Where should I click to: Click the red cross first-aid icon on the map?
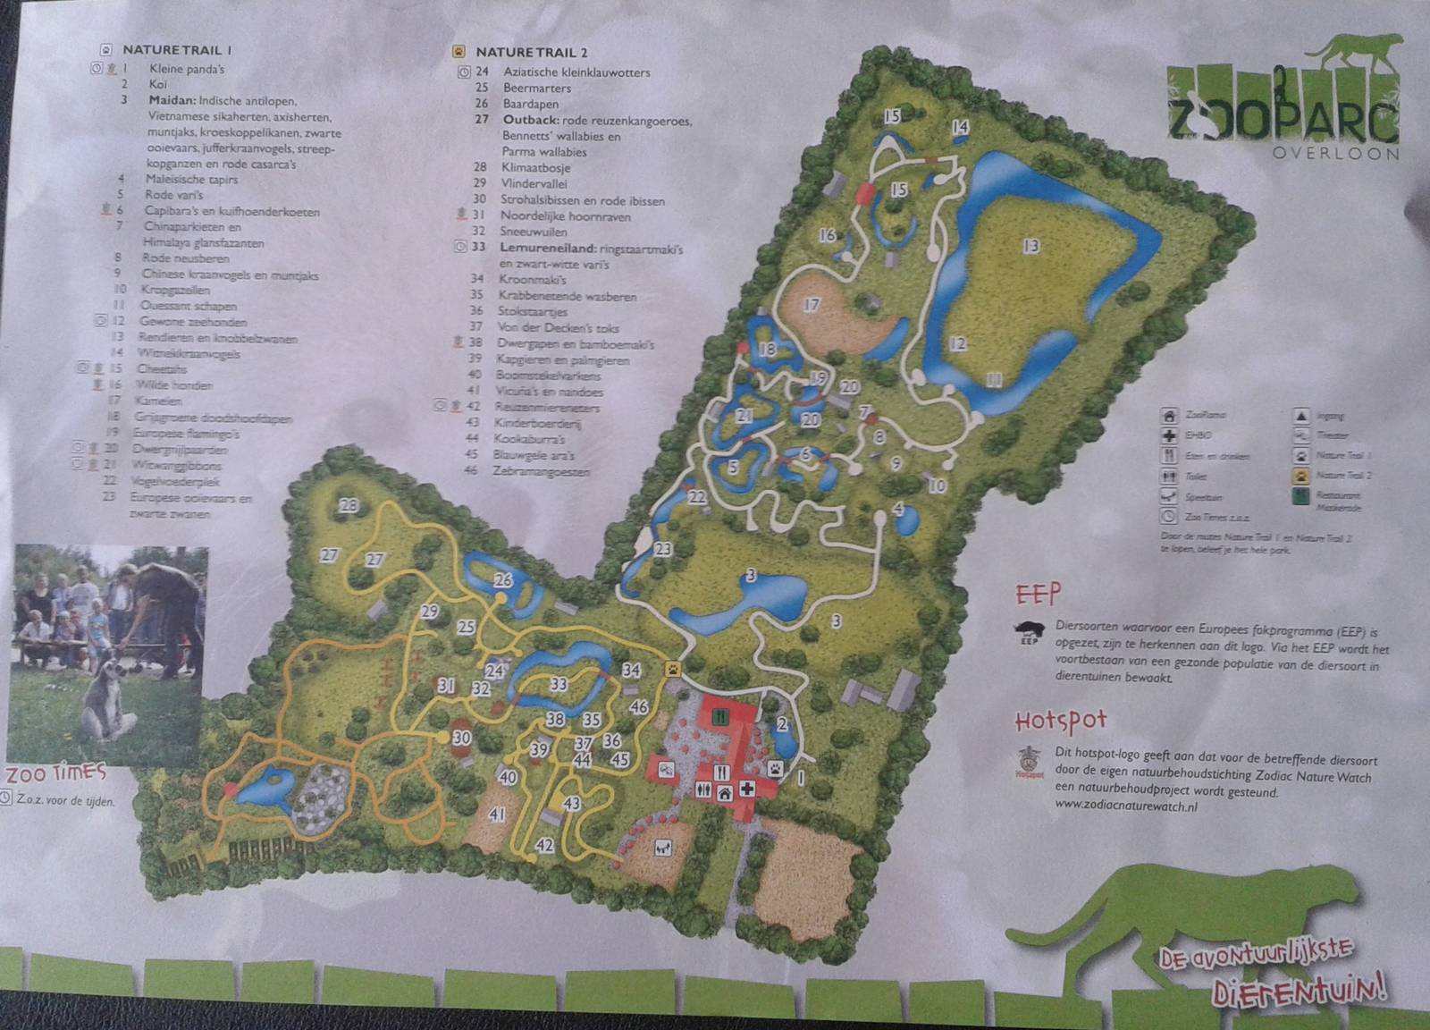(x=746, y=788)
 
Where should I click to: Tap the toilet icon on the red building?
(x=703, y=789)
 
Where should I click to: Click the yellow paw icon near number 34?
(x=672, y=667)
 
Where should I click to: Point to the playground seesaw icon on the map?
(x=662, y=847)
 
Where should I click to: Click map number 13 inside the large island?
(x=1030, y=245)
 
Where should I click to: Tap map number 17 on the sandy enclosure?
(x=811, y=305)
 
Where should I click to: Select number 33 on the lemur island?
(x=559, y=684)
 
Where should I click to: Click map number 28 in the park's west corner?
(x=348, y=506)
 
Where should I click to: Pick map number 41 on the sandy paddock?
(x=497, y=814)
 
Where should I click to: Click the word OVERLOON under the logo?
(x=1335, y=153)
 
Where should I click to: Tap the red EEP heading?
(x=1038, y=594)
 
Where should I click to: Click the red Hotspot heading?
(x=1061, y=721)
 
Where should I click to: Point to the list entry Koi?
(x=158, y=84)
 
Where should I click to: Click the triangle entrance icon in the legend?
(x=1301, y=415)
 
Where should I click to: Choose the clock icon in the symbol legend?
(x=1168, y=517)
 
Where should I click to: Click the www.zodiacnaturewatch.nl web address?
(x=1125, y=806)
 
